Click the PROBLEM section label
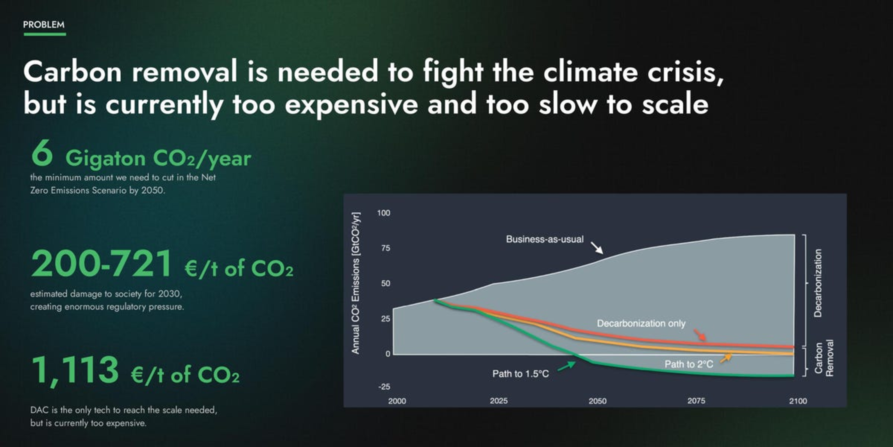click(x=44, y=25)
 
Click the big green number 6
click(x=42, y=154)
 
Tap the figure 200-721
click(x=101, y=264)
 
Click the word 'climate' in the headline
click(x=590, y=72)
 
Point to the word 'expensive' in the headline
click(x=351, y=105)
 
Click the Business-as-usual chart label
click(x=545, y=239)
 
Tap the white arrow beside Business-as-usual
click(x=597, y=248)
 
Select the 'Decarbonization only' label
click(x=641, y=323)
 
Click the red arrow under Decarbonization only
click(x=700, y=336)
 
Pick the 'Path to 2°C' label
click(x=689, y=364)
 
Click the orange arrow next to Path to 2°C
click(x=726, y=358)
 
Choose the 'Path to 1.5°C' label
click(x=520, y=374)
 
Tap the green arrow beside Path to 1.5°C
click(x=566, y=366)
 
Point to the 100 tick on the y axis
click(x=384, y=213)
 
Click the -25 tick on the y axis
click(x=384, y=386)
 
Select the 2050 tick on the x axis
click(x=598, y=401)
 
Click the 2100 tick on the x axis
click(x=798, y=401)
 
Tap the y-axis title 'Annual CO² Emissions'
click(x=355, y=283)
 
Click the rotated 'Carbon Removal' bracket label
click(x=824, y=358)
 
